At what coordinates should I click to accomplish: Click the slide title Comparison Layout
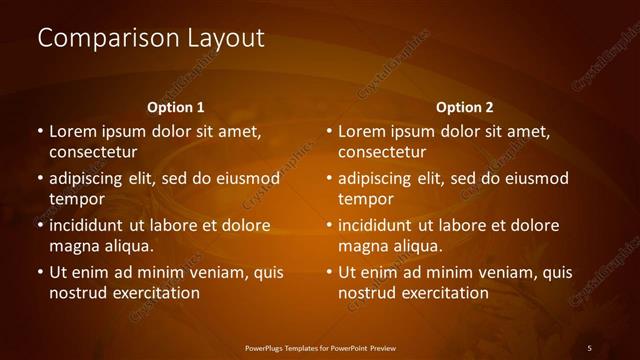click(x=151, y=39)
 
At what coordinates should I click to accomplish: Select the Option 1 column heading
click(x=175, y=107)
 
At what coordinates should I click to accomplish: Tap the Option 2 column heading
click(x=464, y=107)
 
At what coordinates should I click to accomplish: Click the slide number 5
click(x=589, y=347)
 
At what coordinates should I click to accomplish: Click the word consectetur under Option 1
click(x=93, y=153)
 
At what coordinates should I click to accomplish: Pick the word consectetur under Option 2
click(x=382, y=153)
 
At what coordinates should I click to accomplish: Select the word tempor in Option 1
click(x=75, y=199)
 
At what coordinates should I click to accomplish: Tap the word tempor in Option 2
click(x=364, y=199)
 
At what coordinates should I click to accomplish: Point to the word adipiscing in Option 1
click(x=87, y=178)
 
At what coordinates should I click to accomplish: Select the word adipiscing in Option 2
click(x=376, y=178)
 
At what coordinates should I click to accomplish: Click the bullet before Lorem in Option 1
click(x=39, y=131)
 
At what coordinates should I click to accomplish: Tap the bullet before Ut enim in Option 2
click(x=328, y=272)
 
